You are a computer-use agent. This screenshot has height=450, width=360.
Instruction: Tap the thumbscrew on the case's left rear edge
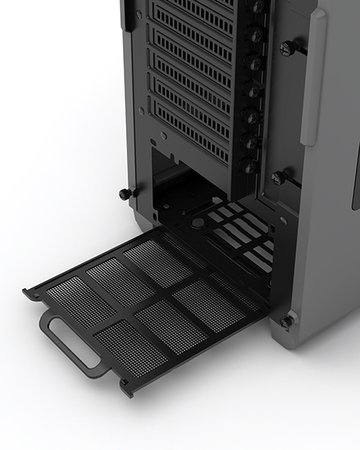coord(125,194)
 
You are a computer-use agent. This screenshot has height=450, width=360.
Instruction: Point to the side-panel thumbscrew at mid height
coord(280,178)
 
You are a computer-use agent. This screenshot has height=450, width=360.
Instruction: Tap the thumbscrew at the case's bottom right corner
coord(287,322)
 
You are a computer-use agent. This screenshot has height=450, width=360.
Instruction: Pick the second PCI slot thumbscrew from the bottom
coord(250,141)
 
